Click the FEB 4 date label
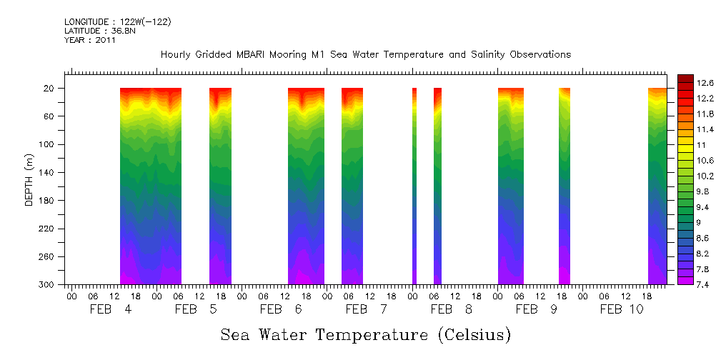110,309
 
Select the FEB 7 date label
366,309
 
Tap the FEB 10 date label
622,309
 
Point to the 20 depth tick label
50,89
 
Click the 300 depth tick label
47,285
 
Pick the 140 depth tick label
47,173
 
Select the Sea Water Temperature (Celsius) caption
365,335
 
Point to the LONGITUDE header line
117,22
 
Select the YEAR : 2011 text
90,40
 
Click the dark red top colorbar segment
685,78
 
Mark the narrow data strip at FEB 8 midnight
414,186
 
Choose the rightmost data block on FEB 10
657,186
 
